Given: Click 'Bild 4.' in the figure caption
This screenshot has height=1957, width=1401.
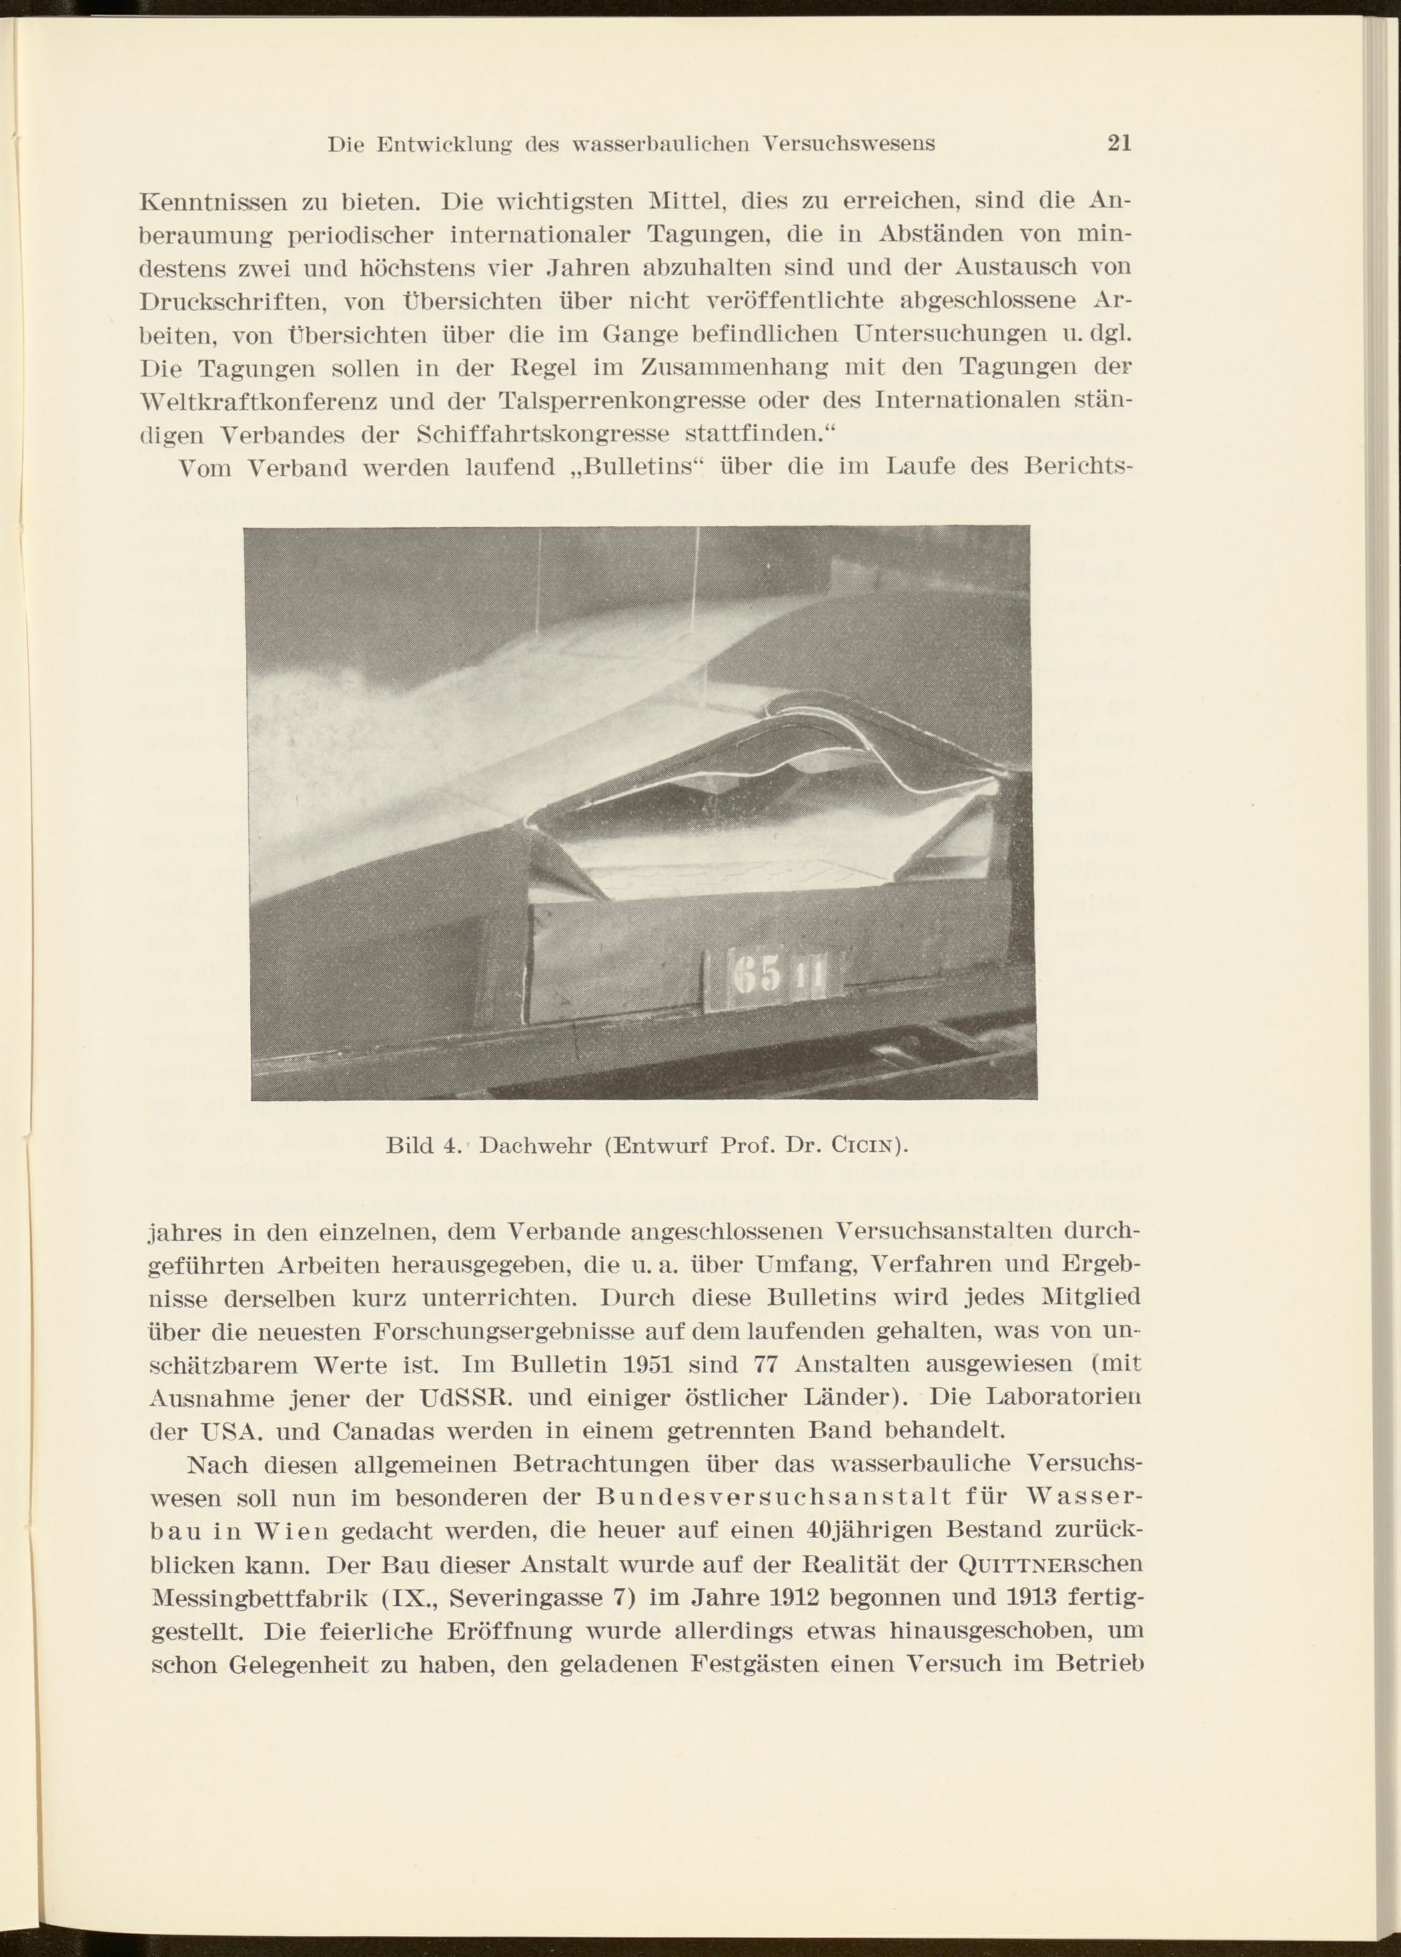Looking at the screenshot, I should (x=422, y=1147).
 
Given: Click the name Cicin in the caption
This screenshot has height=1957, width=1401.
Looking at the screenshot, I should (x=863, y=1147).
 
